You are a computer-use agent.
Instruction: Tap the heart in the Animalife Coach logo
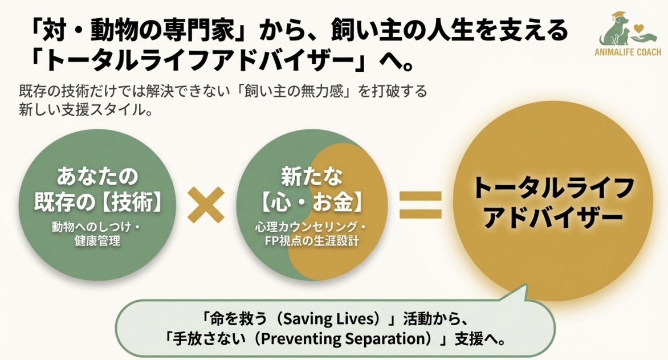click(x=642, y=26)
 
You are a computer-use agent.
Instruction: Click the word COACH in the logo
click(x=646, y=52)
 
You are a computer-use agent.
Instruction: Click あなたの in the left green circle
click(x=97, y=176)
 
